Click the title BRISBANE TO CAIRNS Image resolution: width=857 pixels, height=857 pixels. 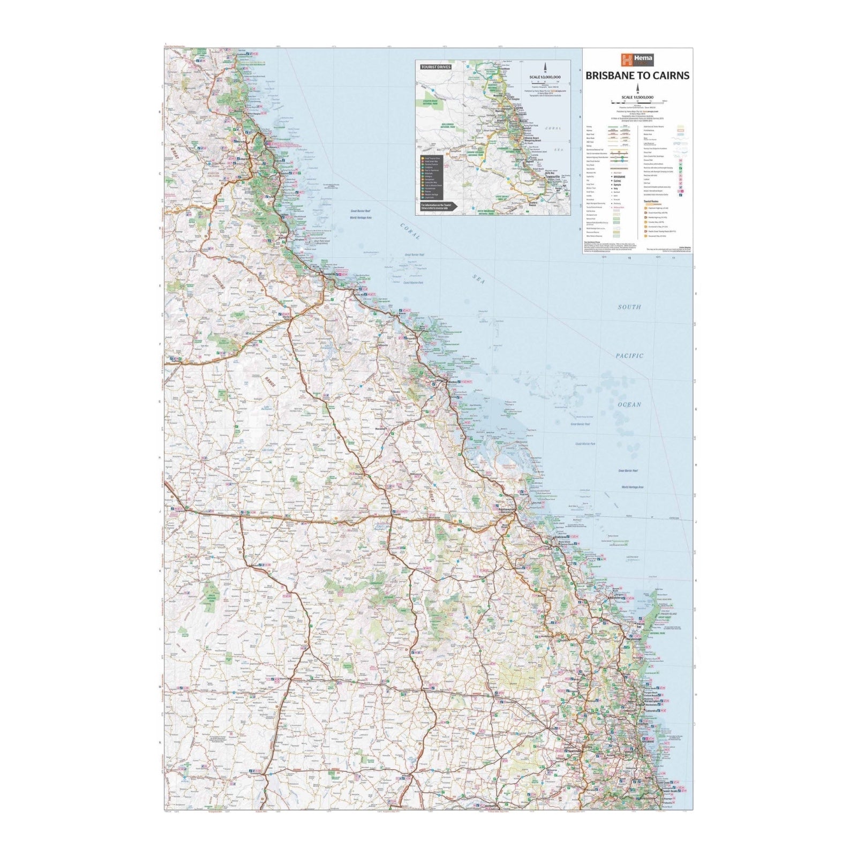[x=637, y=76]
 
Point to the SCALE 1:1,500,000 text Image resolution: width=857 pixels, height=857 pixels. [x=637, y=97]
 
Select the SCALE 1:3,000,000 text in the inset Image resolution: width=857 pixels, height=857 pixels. [x=546, y=77]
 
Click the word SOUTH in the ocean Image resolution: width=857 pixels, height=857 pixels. [x=629, y=307]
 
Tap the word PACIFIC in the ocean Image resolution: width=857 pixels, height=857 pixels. [x=629, y=356]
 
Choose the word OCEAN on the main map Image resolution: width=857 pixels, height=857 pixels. [x=629, y=404]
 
